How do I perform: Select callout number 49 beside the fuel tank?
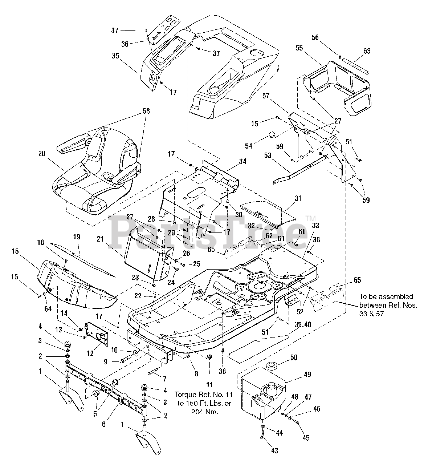[x=307, y=375]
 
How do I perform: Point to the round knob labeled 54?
[x=273, y=135]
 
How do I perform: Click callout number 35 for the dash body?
[x=115, y=56]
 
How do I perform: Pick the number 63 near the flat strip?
[x=367, y=51]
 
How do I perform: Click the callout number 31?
[x=298, y=198]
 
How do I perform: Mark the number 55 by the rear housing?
[x=299, y=48]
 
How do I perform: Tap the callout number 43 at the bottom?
[x=274, y=450]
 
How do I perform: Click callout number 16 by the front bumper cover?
[x=15, y=251]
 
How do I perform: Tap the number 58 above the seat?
[x=146, y=111]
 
